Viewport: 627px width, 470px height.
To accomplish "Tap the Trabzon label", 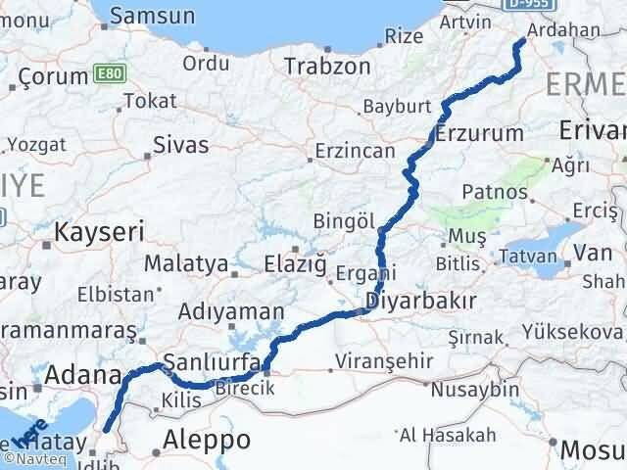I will [x=327, y=67].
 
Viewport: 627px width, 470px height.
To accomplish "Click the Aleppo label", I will [x=209, y=438].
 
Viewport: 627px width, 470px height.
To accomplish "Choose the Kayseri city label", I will [x=100, y=232].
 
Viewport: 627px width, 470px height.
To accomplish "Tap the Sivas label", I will [x=181, y=145].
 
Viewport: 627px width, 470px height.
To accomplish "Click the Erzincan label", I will [x=354, y=153].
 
